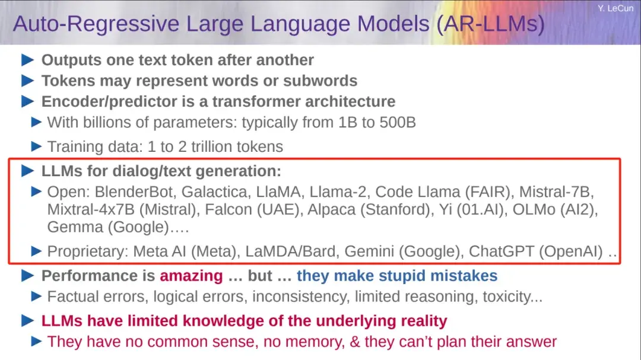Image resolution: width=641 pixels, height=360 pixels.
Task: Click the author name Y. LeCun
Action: point(615,8)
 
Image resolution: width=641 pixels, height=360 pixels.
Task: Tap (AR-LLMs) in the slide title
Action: point(491,24)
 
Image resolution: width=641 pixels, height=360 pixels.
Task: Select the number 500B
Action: point(397,122)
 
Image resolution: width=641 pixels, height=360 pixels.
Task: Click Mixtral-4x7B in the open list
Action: point(91,209)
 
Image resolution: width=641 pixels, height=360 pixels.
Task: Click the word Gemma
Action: point(75,227)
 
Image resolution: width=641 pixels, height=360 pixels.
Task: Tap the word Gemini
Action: point(369,251)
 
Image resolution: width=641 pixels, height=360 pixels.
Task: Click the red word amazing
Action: point(191,276)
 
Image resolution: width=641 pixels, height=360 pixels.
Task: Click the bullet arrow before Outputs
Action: point(27,60)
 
